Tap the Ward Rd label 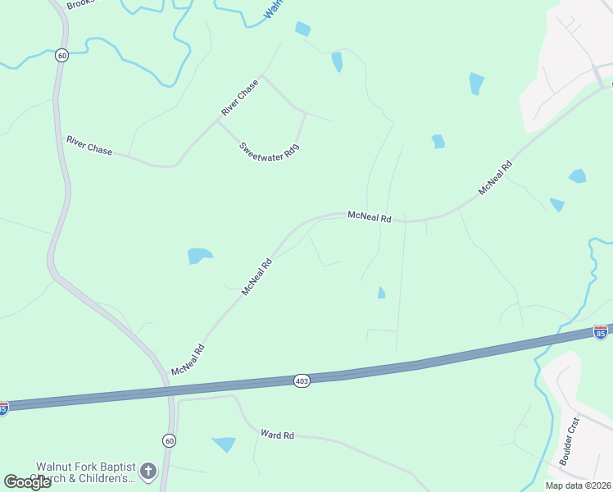277,435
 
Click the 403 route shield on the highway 302,381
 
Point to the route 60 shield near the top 62,56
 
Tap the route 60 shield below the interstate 167,440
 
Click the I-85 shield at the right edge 601,332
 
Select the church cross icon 148,471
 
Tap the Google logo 27,482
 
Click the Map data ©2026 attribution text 578,485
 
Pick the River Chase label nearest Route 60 89,146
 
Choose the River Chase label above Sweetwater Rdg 239,98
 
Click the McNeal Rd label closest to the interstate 188,360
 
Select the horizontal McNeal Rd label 370,216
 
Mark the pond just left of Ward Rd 223,444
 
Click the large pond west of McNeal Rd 199,255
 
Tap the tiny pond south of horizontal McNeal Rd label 381,293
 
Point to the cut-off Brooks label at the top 80,4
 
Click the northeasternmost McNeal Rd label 495,177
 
